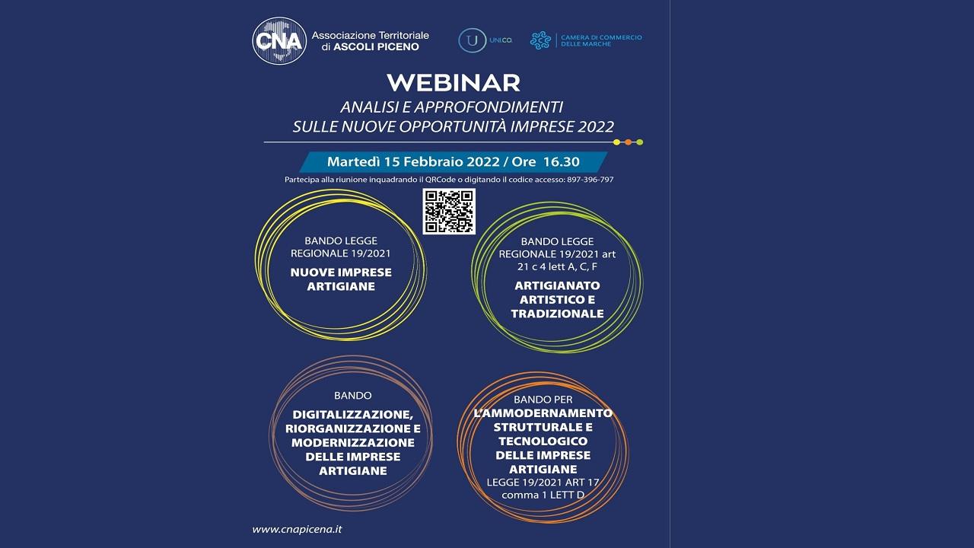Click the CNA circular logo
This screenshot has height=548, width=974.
tap(279, 41)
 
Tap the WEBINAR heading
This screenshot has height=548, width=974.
tap(454, 83)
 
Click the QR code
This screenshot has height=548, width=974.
tap(449, 212)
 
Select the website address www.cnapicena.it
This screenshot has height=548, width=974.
tap(297, 529)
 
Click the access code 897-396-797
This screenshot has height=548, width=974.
tap(590, 179)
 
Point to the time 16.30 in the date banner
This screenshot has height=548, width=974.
tap(562, 162)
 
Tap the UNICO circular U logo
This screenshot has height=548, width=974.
tap(472, 40)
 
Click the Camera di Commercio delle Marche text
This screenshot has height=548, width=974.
tap(601, 40)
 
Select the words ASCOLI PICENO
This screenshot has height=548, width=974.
tap(376, 46)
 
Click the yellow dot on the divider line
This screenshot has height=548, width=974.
tap(616, 142)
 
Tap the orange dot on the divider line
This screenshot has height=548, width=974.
tap(628, 142)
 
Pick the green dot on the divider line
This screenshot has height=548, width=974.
tap(640, 142)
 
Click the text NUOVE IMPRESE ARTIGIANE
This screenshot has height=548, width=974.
tap(341, 279)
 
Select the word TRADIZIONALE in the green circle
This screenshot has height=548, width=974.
tap(557, 314)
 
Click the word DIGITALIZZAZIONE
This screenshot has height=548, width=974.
tap(352, 415)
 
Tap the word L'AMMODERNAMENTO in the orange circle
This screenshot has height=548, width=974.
tap(543, 413)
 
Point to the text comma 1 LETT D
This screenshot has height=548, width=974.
tap(543, 495)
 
